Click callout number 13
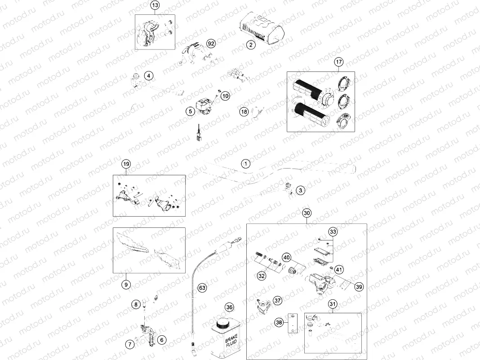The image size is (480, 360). pyautogui.click(x=155, y=5)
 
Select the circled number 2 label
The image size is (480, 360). pyautogui.click(x=251, y=44)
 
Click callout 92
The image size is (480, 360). pyautogui.click(x=211, y=44)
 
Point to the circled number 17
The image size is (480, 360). pyautogui.click(x=339, y=62)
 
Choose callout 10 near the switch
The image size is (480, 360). pyautogui.click(x=225, y=96)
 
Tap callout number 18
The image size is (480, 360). pyautogui.click(x=244, y=112)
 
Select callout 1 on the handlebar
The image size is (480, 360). pyautogui.click(x=245, y=164)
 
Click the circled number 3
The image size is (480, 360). pyautogui.click(x=301, y=191)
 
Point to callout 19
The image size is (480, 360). pyautogui.click(x=126, y=164)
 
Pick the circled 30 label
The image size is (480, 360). pyautogui.click(x=307, y=213)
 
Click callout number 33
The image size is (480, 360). pyautogui.click(x=332, y=232)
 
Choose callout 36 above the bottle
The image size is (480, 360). pyautogui.click(x=229, y=307)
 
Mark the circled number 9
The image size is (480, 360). pyautogui.click(x=126, y=284)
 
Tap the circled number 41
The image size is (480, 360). pyautogui.click(x=338, y=270)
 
